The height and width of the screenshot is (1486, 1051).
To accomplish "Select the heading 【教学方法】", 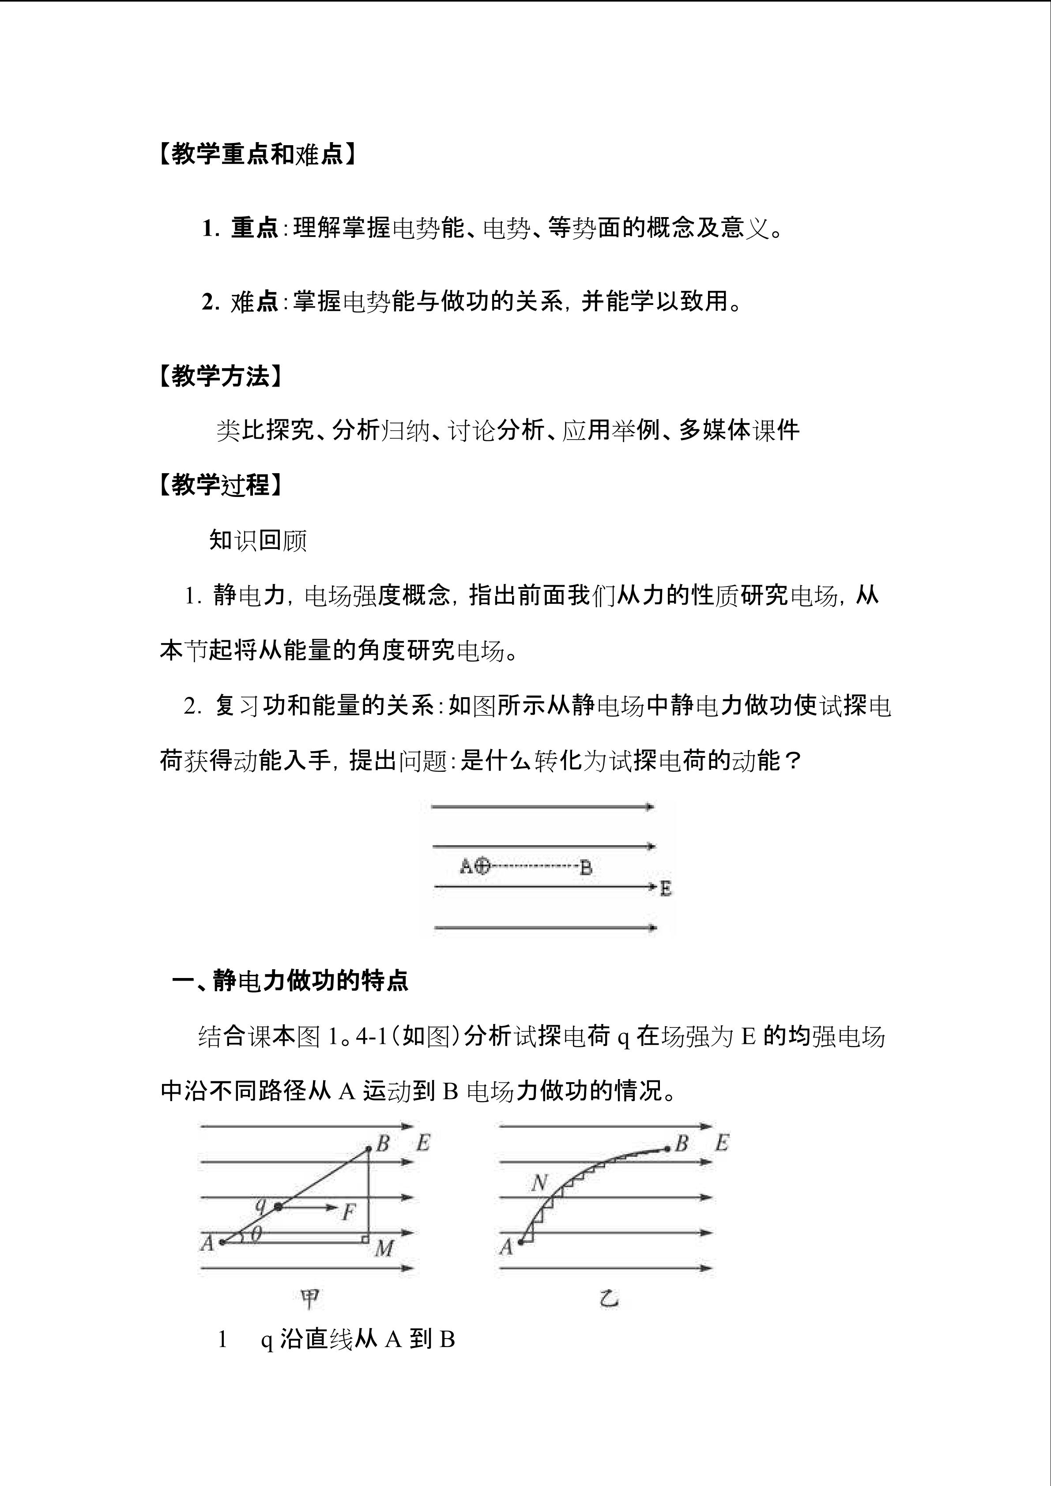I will pos(220,376).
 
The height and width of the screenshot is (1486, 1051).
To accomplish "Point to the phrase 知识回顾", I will pos(258,540).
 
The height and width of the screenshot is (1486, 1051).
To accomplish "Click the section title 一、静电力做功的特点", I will pos(290,981).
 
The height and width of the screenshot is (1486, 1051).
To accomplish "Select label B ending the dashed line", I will pos(586,867).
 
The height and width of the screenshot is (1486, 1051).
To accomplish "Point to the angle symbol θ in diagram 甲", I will pos(256,1235).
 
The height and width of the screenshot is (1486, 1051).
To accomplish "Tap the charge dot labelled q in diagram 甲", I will pos(278,1206).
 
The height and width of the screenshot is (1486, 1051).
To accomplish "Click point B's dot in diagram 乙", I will pos(667,1149).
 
